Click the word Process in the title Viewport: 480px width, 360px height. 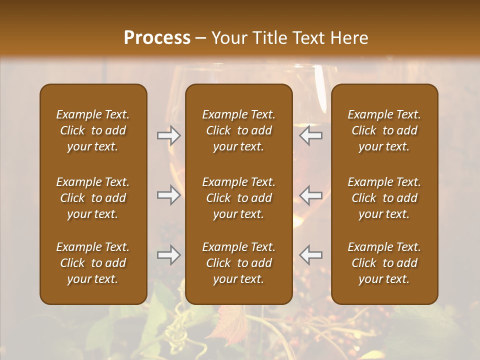[x=157, y=38]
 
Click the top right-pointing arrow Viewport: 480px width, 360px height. [x=168, y=135]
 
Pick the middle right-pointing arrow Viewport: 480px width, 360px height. [x=168, y=194]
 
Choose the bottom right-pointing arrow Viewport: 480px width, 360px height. [x=168, y=255]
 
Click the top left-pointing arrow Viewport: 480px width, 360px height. [x=311, y=135]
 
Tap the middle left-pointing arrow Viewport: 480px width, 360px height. [x=311, y=194]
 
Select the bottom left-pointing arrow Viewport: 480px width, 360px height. [x=311, y=255]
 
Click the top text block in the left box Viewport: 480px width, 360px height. [x=93, y=130]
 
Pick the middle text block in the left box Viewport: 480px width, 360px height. [x=93, y=198]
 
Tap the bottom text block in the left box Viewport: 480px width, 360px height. [x=93, y=263]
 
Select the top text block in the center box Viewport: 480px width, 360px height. [x=238, y=130]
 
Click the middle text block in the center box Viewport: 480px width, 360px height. [x=238, y=198]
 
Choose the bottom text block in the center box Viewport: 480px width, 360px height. [x=238, y=263]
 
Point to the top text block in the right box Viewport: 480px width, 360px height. [x=384, y=130]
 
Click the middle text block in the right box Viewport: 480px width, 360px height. [x=384, y=198]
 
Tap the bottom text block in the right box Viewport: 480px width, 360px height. [x=384, y=263]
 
